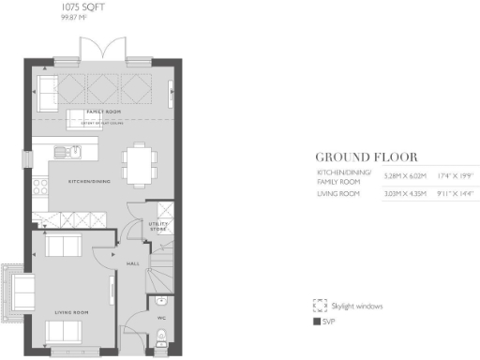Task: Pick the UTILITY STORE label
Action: (x=157, y=226)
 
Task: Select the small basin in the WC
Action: (x=160, y=301)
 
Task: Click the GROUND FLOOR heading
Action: (x=366, y=157)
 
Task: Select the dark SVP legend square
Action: (x=317, y=322)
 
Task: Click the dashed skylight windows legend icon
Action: (x=318, y=306)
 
